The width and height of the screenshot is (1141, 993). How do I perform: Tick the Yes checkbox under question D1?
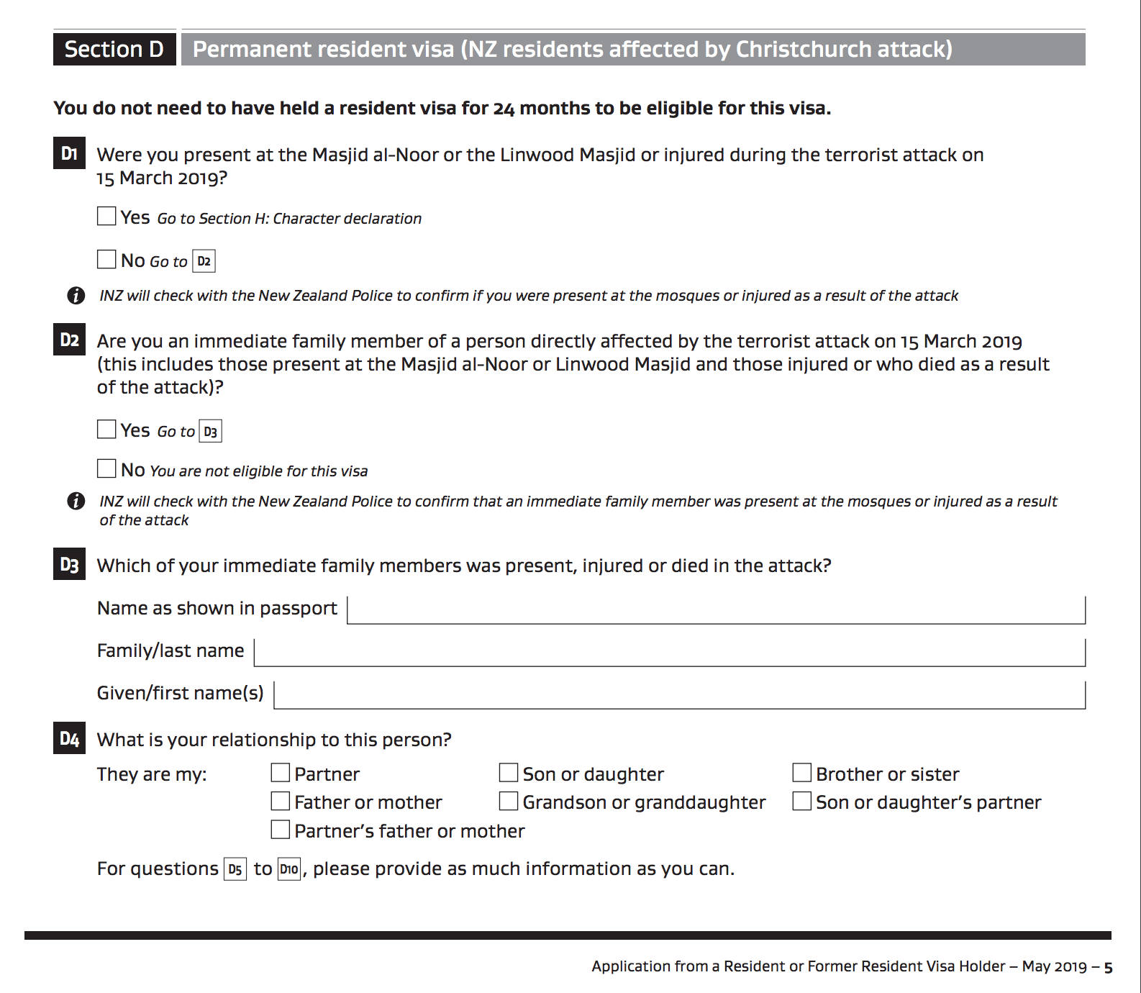pyautogui.click(x=106, y=216)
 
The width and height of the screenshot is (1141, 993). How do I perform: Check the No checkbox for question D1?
pyautogui.click(x=106, y=259)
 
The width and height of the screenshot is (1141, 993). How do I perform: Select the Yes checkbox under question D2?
pyautogui.click(x=106, y=430)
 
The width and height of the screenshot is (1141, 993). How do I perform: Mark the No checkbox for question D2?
pyautogui.click(x=106, y=468)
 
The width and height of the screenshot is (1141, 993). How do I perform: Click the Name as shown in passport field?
pyautogui.click(x=716, y=610)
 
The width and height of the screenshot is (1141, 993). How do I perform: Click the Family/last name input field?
pyautogui.click(x=669, y=653)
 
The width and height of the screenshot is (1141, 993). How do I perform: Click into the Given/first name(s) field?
pyautogui.click(x=679, y=695)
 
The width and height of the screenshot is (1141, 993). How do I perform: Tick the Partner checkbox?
pyautogui.click(x=281, y=773)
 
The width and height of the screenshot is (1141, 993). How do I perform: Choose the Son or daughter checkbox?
pyautogui.click(x=509, y=773)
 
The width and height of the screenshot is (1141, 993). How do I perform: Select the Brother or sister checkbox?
pyautogui.click(x=801, y=773)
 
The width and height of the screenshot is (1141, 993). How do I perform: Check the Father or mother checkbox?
pyautogui.click(x=281, y=801)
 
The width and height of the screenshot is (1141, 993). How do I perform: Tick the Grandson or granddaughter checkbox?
pyautogui.click(x=509, y=801)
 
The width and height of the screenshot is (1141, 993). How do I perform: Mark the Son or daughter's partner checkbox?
pyautogui.click(x=801, y=801)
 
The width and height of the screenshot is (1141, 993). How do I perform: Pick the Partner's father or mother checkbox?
pyautogui.click(x=281, y=830)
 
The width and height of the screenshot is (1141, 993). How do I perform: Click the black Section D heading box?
pyautogui.click(x=114, y=49)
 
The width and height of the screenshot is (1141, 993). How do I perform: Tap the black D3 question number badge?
pyautogui.click(x=69, y=564)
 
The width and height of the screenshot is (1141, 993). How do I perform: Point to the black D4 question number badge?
pyautogui.click(x=69, y=738)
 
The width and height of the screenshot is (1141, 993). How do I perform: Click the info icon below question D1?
pyautogui.click(x=76, y=295)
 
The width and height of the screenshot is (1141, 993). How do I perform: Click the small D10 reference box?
pyautogui.click(x=289, y=869)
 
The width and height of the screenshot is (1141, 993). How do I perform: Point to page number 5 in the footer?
pyautogui.click(x=1109, y=968)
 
